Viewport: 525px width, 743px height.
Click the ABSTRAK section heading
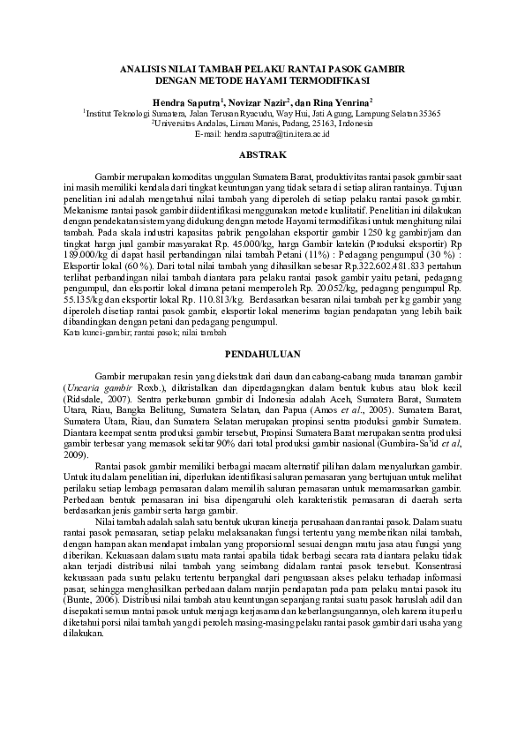pos(262,155)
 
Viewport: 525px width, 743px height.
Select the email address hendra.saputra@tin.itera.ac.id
pos(276,134)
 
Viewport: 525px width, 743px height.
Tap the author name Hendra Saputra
pos(185,103)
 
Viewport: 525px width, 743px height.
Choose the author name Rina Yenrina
pos(341,103)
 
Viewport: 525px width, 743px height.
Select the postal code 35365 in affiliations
pos(429,114)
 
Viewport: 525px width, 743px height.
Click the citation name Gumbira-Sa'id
pos(408,445)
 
